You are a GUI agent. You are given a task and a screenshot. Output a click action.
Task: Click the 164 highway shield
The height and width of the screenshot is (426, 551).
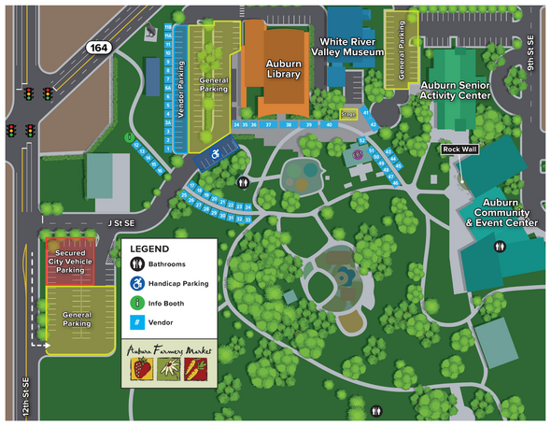tap(97, 46)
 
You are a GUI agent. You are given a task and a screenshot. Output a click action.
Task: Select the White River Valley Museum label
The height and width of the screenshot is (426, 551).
tap(351, 48)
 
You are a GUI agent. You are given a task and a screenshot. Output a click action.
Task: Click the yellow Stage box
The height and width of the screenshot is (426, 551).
tap(347, 114)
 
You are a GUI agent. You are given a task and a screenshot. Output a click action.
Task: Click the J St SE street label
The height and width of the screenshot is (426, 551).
tap(120, 222)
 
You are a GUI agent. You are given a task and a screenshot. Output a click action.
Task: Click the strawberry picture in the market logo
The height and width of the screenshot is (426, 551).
tap(142, 370)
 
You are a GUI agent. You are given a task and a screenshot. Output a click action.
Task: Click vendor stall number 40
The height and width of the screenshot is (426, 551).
tap(329, 123)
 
